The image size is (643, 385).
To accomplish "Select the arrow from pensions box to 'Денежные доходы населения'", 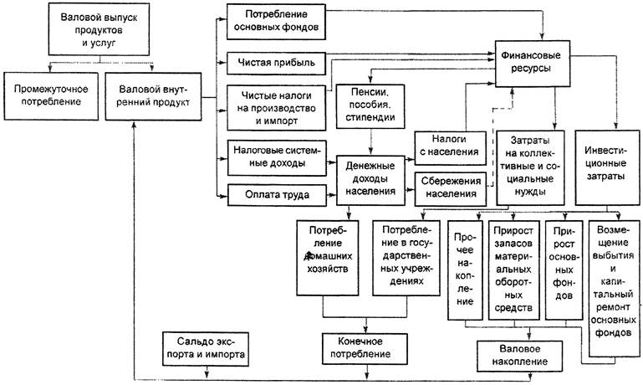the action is pyautogui.click(x=370, y=142).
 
